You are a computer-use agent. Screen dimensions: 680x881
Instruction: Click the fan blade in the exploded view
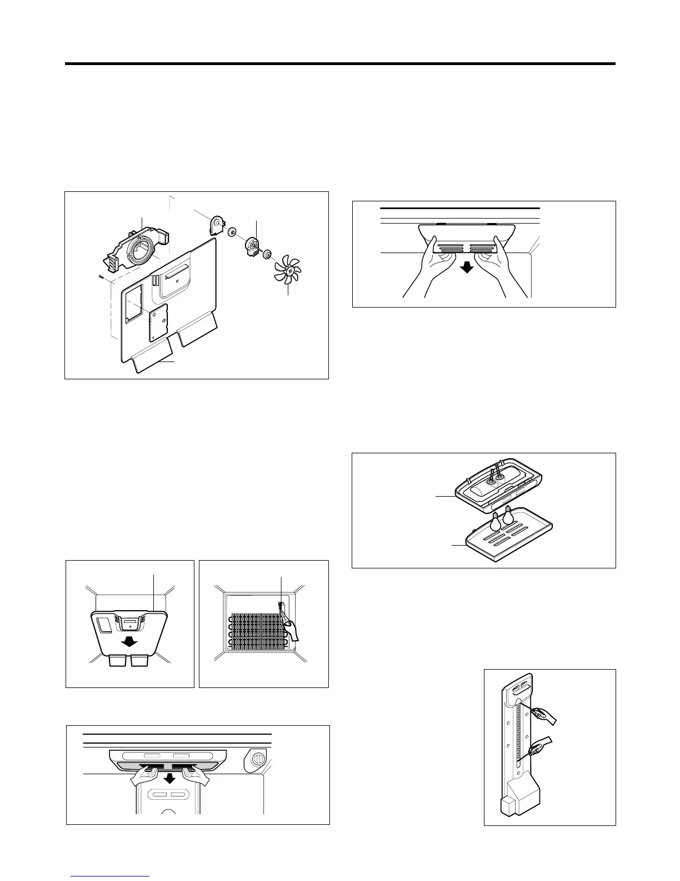click(287, 270)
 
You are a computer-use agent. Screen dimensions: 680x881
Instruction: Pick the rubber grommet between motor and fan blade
click(268, 255)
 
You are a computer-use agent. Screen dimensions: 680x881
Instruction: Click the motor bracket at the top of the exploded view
click(215, 225)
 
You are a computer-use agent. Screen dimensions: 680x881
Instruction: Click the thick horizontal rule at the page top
click(340, 64)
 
